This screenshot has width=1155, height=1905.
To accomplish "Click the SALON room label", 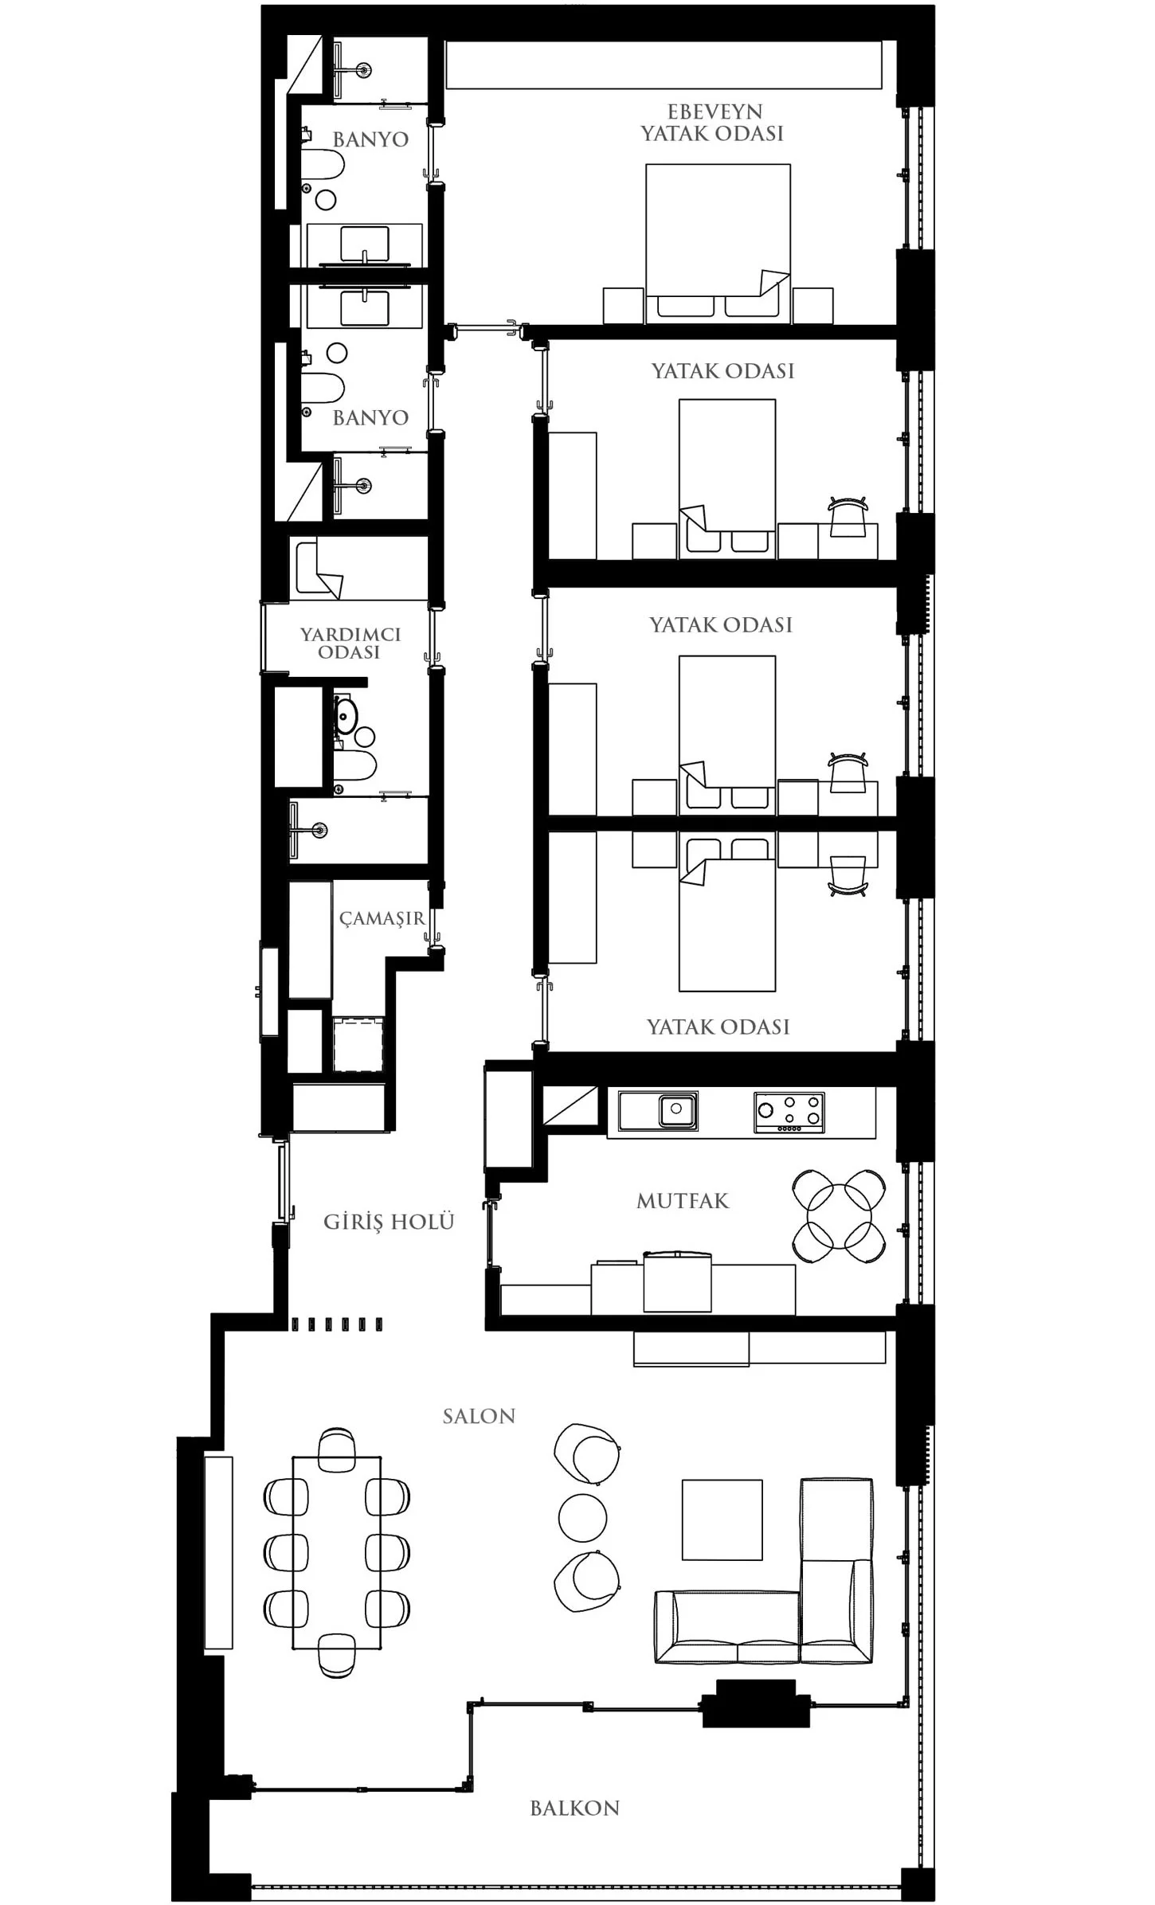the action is [x=479, y=1416].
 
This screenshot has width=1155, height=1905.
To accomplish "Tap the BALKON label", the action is [x=574, y=1809].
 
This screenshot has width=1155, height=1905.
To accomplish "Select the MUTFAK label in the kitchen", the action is [x=683, y=1201].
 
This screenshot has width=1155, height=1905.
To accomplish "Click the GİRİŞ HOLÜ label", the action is [x=389, y=1221].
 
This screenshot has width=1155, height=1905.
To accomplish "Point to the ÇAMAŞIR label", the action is [x=382, y=919].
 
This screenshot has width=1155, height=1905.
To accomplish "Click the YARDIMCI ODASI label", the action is [x=350, y=643].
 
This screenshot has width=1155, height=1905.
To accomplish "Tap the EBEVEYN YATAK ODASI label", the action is [x=713, y=123].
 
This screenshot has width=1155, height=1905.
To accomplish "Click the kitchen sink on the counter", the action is [x=678, y=1109].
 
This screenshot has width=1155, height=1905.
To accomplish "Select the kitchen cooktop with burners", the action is [x=789, y=1112].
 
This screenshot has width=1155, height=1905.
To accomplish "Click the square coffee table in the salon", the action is [x=722, y=1520].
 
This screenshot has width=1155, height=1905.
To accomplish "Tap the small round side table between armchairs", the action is [x=582, y=1518].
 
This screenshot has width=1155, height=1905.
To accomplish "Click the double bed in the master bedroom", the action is [x=718, y=244].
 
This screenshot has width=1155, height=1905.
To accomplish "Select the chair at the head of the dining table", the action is [x=337, y=1449].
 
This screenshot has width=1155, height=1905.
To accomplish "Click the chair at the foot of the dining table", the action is [x=337, y=1656].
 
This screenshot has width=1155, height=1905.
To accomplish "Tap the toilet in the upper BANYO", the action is [x=323, y=165].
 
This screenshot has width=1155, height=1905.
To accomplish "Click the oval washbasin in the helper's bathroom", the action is [x=346, y=714].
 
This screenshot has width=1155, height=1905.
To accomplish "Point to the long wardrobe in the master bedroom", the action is [x=664, y=65].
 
